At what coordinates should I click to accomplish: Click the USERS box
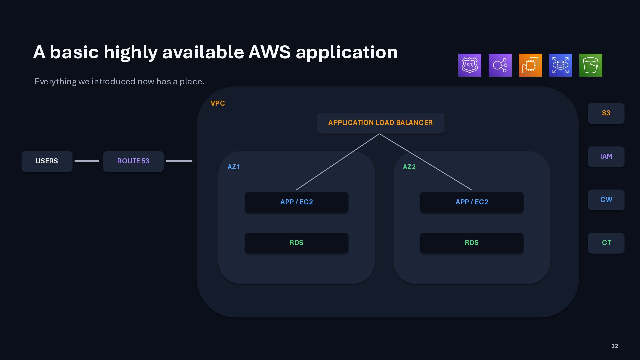pos(47,161)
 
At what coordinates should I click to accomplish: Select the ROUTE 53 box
pos(133,161)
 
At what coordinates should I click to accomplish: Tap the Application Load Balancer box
pos(380,123)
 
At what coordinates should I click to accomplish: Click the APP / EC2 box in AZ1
pos(296,202)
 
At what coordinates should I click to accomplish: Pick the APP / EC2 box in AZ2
pos(472,202)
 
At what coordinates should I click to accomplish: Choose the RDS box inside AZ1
pos(296,243)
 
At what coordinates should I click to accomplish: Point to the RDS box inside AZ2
pos(472,243)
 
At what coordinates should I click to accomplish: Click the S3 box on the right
pos(606,113)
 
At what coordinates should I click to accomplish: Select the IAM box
pos(606,157)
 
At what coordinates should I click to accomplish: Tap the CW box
pos(606,200)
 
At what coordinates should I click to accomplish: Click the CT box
pos(606,243)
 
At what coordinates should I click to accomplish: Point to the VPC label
pos(218,103)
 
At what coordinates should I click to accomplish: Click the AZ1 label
pos(234,167)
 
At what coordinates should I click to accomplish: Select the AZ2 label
pos(409,167)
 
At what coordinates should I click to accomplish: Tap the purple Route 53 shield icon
pos(470,65)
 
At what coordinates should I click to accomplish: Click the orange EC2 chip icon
pos(530,65)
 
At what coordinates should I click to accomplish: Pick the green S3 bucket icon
pos(591,65)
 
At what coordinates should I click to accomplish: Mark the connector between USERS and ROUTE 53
pos(87,161)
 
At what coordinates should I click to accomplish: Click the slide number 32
pos(615,346)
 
